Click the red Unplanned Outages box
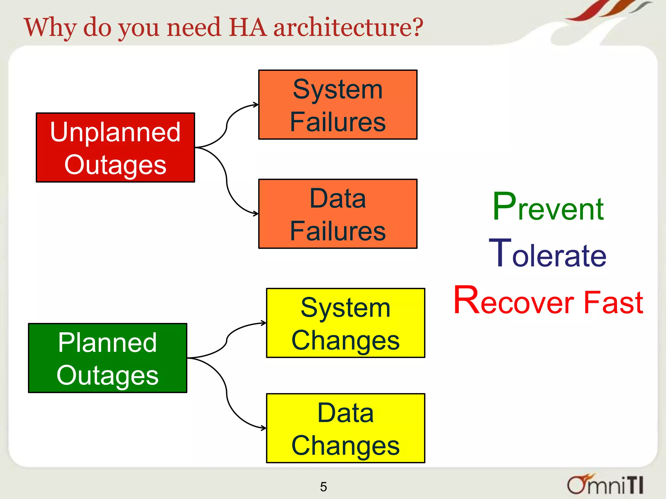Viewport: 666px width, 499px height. tap(115, 147)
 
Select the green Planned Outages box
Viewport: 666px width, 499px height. tap(108, 358)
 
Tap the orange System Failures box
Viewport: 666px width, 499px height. tap(338, 105)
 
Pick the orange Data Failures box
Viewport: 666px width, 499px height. tap(338, 214)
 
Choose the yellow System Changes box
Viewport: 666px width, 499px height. tap(345, 323)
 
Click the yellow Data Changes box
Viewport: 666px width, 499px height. tap(345, 428)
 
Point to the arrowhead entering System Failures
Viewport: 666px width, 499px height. tap(256, 105)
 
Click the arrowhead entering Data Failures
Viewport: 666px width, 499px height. tap(256, 214)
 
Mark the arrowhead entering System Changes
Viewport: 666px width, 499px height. tap(264, 323)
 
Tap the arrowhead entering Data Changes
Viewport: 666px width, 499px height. tap(264, 428)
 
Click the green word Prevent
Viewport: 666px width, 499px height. tap(548, 208)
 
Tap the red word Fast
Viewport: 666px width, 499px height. tap(613, 302)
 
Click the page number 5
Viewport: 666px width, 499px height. tap(323, 487)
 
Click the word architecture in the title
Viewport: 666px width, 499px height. tap(348, 27)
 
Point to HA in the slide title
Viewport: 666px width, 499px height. tap(248, 27)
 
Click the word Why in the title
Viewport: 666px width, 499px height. tap(50, 28)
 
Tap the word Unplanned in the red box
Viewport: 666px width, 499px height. tap(115, 132)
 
